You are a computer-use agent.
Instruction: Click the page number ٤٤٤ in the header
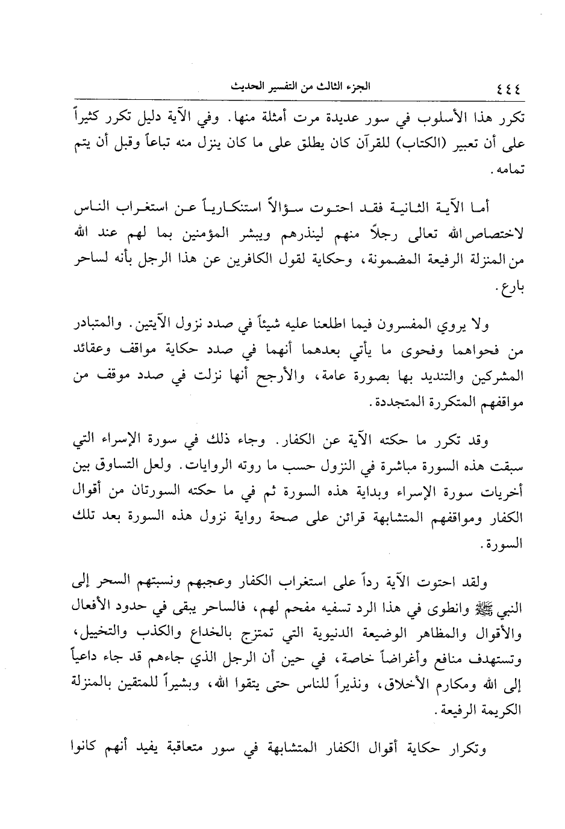click(508, 88)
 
